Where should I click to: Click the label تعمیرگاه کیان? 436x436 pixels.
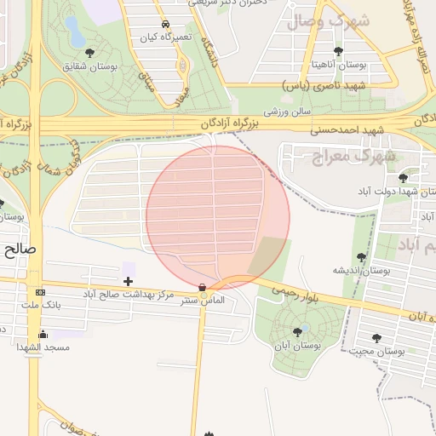164,39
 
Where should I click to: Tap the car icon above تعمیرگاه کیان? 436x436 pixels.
164,26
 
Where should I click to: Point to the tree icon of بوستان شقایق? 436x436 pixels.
90,53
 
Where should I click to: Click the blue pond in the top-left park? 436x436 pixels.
74,32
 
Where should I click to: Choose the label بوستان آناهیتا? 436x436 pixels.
339,64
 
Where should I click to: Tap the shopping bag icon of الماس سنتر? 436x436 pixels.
202,288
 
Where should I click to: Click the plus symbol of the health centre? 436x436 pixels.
128,281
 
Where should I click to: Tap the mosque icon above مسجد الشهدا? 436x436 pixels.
43,334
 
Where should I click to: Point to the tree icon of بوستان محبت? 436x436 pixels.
377,338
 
